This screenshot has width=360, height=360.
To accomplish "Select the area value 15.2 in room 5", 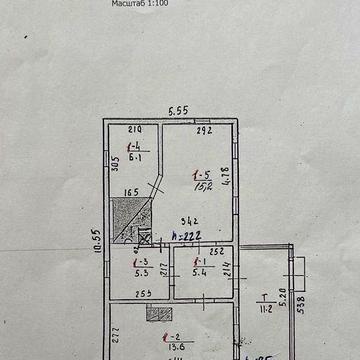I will tap(200, 184).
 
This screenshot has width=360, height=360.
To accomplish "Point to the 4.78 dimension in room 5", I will tap(225, 171).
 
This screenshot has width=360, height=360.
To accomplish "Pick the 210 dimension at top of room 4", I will tap(136, 131).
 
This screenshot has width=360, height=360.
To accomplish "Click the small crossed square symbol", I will tap(143, 237).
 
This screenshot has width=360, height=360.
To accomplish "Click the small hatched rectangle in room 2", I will tap(153, 313).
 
